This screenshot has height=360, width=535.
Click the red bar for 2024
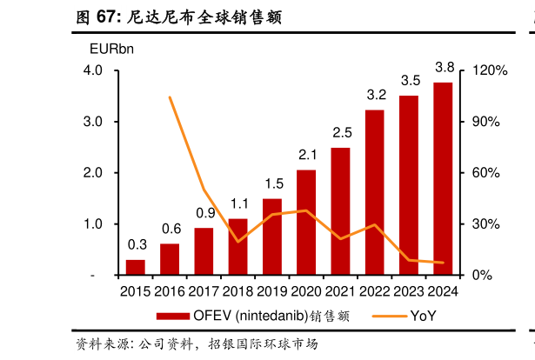click(442, 179)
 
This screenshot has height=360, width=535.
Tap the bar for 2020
click(306, 223)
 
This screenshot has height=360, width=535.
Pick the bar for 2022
click(374, 192)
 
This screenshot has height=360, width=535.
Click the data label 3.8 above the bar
click(445, 67)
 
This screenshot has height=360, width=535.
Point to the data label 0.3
click(137, 244)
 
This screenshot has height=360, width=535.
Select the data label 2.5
click(342, 132)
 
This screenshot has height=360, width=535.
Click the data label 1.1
click(239, 204)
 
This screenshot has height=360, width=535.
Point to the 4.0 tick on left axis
click(93, 70)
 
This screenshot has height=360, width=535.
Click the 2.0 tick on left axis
click(93, 173)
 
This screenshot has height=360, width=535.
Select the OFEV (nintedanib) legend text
click(271, 316)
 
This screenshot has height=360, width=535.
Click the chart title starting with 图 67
click(178, 17)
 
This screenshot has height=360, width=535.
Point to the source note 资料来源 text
click(196, 344)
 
